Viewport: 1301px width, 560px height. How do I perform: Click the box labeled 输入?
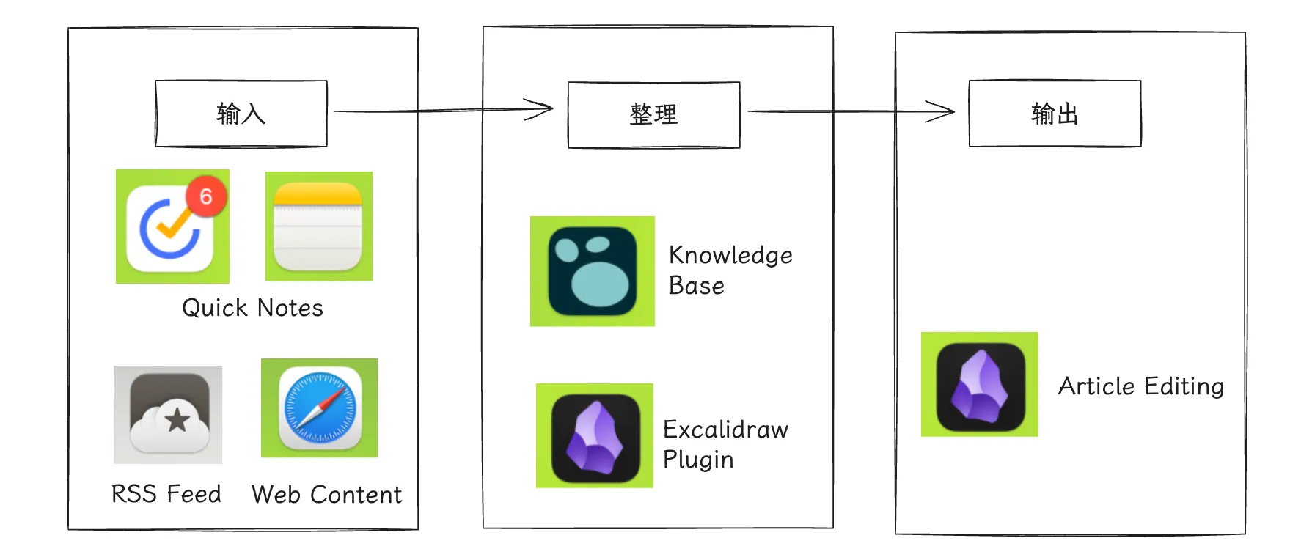(x=241, y=114)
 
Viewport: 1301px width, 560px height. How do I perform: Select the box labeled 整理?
(x=653, y=115)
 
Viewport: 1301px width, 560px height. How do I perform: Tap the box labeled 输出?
(x=1054, y=114)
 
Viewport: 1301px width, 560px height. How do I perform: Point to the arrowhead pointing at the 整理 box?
(x=541, y=110)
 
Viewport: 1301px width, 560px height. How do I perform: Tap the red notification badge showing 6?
(x=206, y=196)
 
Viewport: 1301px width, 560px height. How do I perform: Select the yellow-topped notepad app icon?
(x=318, y=226)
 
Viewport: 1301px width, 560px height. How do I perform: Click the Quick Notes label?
(x=252, y=308)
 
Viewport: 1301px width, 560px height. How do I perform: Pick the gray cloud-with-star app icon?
(x=168, y=415)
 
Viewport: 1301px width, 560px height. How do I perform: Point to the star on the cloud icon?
(x=177, y=420)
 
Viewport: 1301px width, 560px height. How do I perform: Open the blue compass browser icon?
(x=320, y=408)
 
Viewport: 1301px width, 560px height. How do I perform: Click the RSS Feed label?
(x=166, y=494)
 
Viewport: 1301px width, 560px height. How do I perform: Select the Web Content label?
(x=326, y=495)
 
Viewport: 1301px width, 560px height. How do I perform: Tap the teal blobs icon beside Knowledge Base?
(x=593, y=271)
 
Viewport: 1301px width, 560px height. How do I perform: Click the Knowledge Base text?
(x=730, y=270)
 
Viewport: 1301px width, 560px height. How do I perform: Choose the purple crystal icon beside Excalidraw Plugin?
(x=595, y=436)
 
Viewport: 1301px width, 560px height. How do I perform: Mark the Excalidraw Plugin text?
(x=725, y=444)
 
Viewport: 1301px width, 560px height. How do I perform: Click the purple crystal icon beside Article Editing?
(x=980, y=385)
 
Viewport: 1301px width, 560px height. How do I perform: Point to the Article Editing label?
(x=1140, y=386)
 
